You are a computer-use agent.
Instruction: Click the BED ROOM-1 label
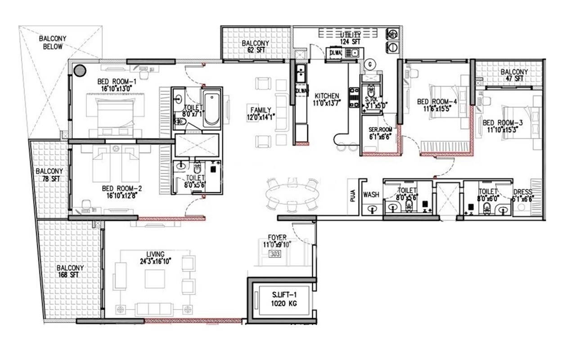(x=115, y=81)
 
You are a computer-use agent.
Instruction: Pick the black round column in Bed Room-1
(x=80, y=70)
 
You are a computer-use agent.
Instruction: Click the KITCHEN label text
(x=327, y=96)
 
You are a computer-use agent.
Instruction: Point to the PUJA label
(x=354, y=196)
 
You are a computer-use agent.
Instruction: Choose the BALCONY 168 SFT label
(x=70, y=271)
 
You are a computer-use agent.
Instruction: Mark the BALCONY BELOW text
(x=53, y=42)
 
